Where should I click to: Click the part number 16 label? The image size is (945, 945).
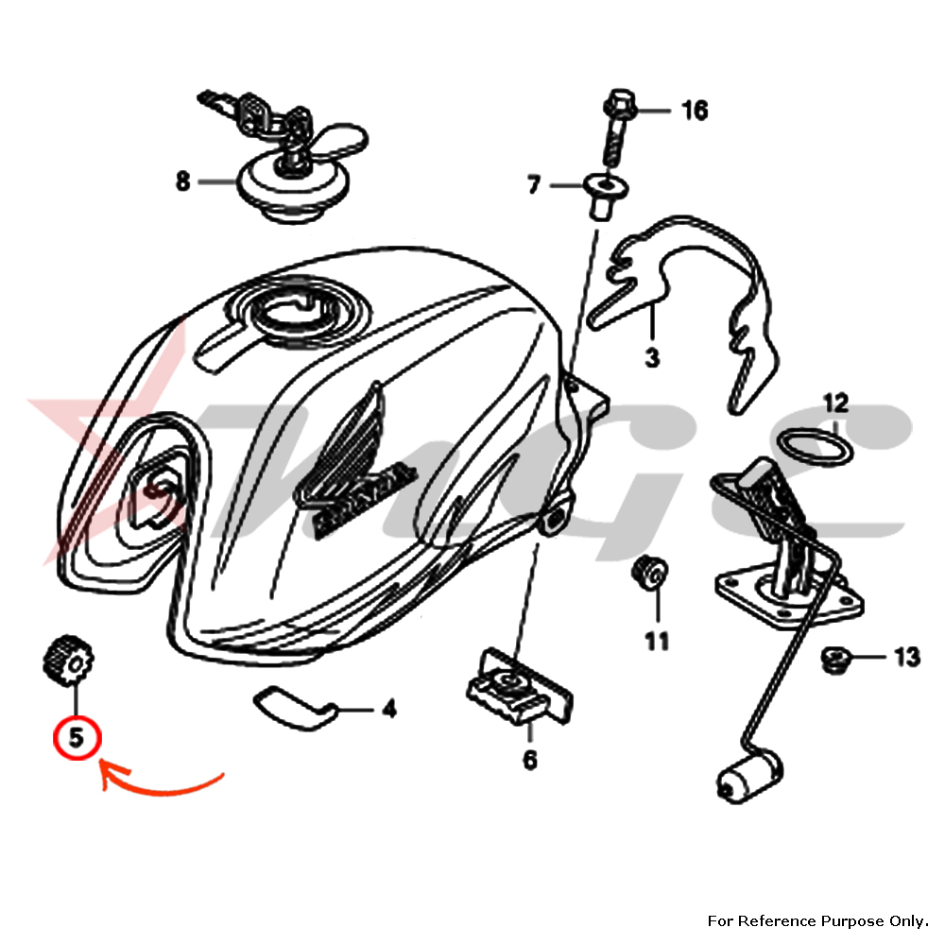tap(695, 112)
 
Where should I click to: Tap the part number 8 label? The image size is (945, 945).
tap(182, 180)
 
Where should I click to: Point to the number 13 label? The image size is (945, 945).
tap(906, 657)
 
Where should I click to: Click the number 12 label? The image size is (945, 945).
tap(835, 404)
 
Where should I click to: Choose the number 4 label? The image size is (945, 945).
tap(388, 709)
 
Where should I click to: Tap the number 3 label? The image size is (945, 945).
tap(652, 357)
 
